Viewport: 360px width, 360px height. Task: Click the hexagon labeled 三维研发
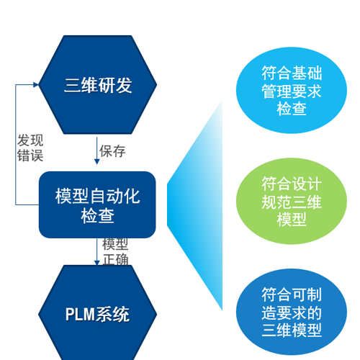pos(98,84)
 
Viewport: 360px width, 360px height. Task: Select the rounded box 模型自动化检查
pos(97,204)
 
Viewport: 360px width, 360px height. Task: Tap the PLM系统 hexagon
pos(98,312)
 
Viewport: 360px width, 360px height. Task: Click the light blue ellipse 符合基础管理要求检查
pos(292,90)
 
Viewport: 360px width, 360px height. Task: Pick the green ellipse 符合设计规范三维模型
pos(292,201)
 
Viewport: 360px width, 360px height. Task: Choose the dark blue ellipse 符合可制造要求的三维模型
pos(292,312)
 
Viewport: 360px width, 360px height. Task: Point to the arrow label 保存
pos(112,151)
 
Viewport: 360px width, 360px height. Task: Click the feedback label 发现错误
pos(30,148)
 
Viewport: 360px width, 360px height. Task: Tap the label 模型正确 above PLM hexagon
pos(115,252)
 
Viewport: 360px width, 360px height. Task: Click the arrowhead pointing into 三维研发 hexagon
pos(36,84)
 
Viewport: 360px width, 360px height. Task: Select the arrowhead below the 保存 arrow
pos(97,161)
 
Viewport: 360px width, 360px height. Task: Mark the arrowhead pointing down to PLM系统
pos(97,263)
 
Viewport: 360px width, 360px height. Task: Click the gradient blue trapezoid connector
pos(195,204)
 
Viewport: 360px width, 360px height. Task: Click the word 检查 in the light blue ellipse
pos(292,109)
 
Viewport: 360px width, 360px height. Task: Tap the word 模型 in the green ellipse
pos(292,220)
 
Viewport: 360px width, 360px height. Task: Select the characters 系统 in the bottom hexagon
pos(112,314)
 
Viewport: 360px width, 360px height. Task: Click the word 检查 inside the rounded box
pos(97,216)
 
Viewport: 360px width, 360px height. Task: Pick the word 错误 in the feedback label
pos(30,156)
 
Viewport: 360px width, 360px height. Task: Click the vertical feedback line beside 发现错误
pos(16,145)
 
